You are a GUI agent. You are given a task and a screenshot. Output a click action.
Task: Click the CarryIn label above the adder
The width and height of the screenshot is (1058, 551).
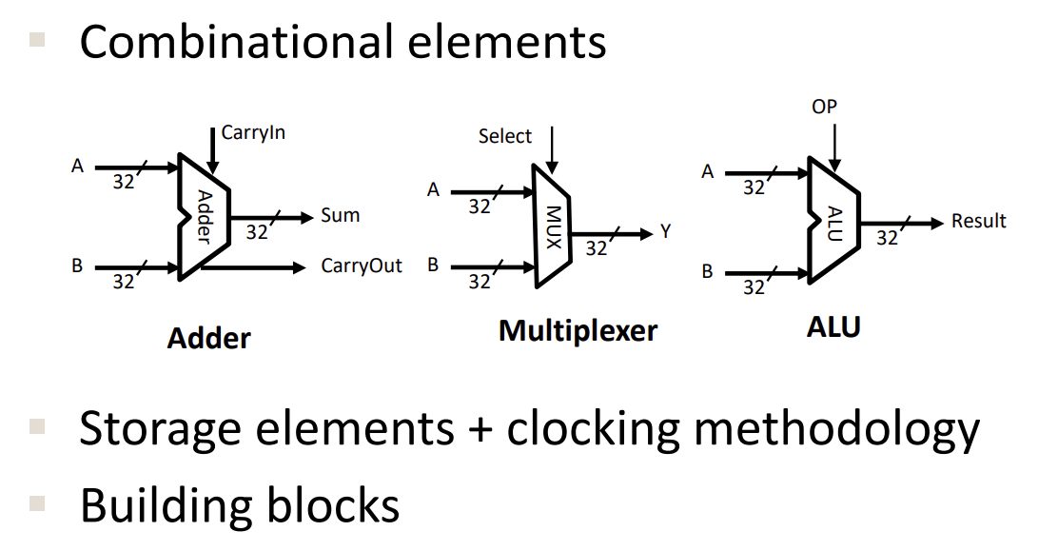point(253,132)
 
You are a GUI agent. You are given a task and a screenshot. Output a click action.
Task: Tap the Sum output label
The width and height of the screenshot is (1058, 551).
point(340,215)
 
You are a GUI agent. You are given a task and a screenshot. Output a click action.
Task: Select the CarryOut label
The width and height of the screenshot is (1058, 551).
point(362,266)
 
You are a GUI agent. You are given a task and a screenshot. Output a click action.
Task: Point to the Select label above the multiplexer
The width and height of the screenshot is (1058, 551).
point(505,136)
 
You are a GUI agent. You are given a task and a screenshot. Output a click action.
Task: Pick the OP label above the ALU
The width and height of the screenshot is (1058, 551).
point(825,107)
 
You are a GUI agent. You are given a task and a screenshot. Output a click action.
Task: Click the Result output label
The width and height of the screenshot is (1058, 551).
point(979,222)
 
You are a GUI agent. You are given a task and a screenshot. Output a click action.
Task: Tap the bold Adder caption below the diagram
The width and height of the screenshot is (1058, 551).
point(209,338)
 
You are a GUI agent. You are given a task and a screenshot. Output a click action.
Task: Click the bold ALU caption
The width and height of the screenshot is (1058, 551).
point(833,327)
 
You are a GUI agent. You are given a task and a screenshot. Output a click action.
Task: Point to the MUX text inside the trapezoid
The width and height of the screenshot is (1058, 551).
point(553,226)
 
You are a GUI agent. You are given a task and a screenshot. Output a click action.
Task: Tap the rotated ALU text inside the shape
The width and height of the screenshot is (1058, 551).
point(834,224)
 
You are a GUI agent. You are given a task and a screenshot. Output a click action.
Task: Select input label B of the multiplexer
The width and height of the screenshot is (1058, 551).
point(433,266)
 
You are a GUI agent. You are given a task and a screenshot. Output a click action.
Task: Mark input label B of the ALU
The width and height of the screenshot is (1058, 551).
point(707,271)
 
